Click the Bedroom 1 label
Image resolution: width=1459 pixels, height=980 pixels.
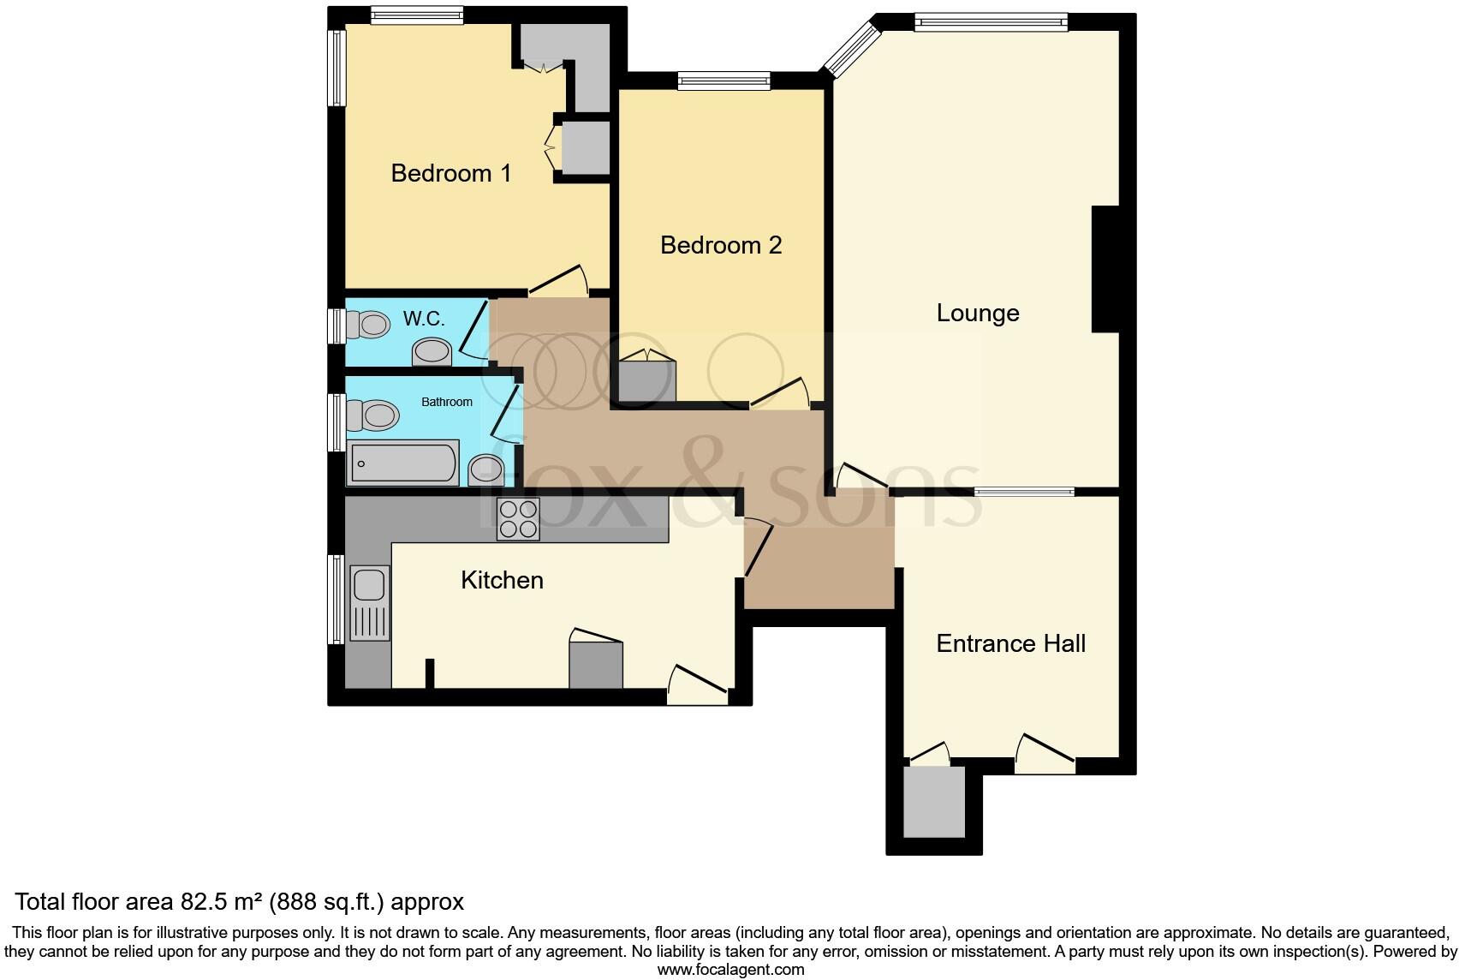coord(450,173)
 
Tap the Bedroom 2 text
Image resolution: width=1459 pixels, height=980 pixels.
coord(721,245)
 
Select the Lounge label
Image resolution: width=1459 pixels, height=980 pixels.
coord(977,313)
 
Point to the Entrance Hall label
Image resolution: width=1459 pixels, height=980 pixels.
coord(1010,643)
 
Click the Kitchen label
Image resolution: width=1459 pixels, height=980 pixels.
coord(502,580)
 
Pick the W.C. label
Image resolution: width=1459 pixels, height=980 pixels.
coord(424,320)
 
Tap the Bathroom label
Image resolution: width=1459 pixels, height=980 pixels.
coord(446,402)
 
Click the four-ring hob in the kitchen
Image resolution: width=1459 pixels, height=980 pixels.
coord(518,519)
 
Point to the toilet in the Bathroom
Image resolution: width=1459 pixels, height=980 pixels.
coord(373,416)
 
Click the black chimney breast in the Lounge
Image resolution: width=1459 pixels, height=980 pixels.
coord(1105,269)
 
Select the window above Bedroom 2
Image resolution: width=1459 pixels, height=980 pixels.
coord(724,81)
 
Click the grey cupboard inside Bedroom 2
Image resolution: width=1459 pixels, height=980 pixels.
coord(646,381)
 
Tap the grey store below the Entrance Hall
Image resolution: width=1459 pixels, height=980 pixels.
coord(933,802)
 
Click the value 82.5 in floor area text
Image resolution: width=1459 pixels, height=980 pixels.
coord(204,902)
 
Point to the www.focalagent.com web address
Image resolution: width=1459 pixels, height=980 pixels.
coord(730,970)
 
